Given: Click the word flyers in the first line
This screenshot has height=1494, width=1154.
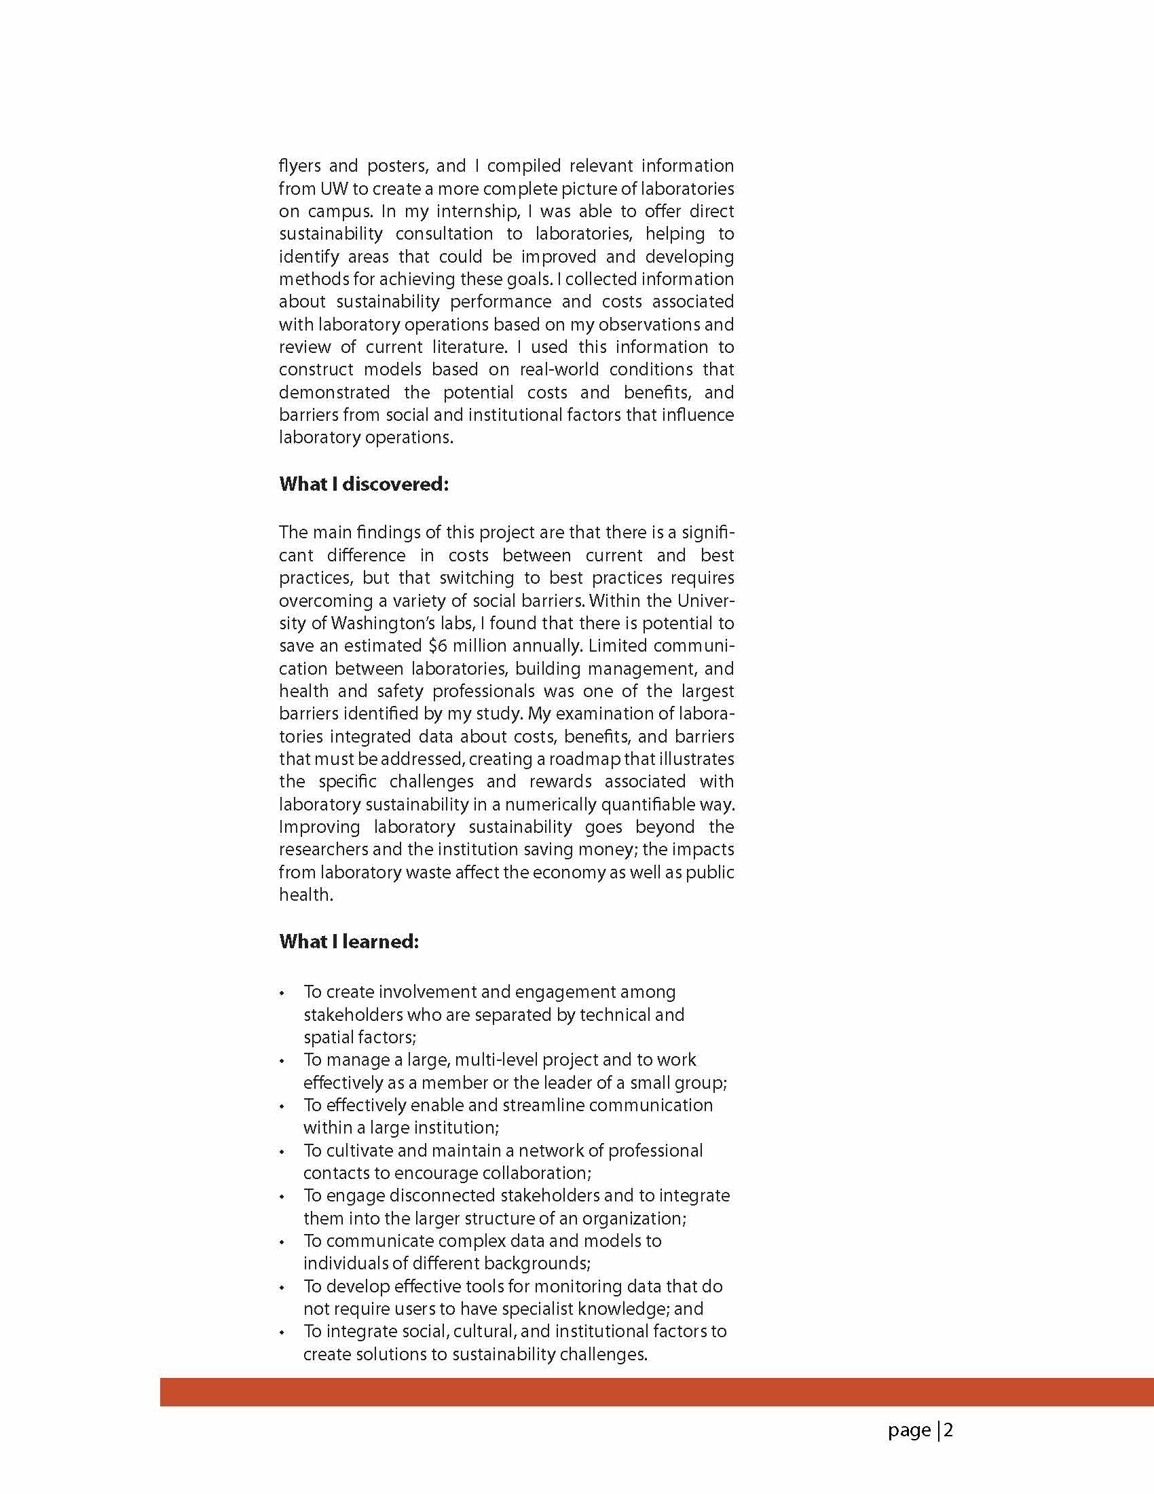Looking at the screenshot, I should (299, 166).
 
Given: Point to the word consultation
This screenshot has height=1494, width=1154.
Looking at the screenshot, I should (444, 234).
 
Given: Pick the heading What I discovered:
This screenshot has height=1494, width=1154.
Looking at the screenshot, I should (364, 485).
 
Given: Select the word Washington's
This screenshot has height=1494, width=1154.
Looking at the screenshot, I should (373, 623).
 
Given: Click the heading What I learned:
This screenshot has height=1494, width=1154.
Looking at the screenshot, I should (349, 941).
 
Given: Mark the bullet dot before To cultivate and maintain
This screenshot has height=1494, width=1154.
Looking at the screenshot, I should (282, 1152).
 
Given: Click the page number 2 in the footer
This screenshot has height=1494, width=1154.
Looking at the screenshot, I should (949, 1430).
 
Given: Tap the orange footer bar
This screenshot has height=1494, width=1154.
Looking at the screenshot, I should (656, 1392).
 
